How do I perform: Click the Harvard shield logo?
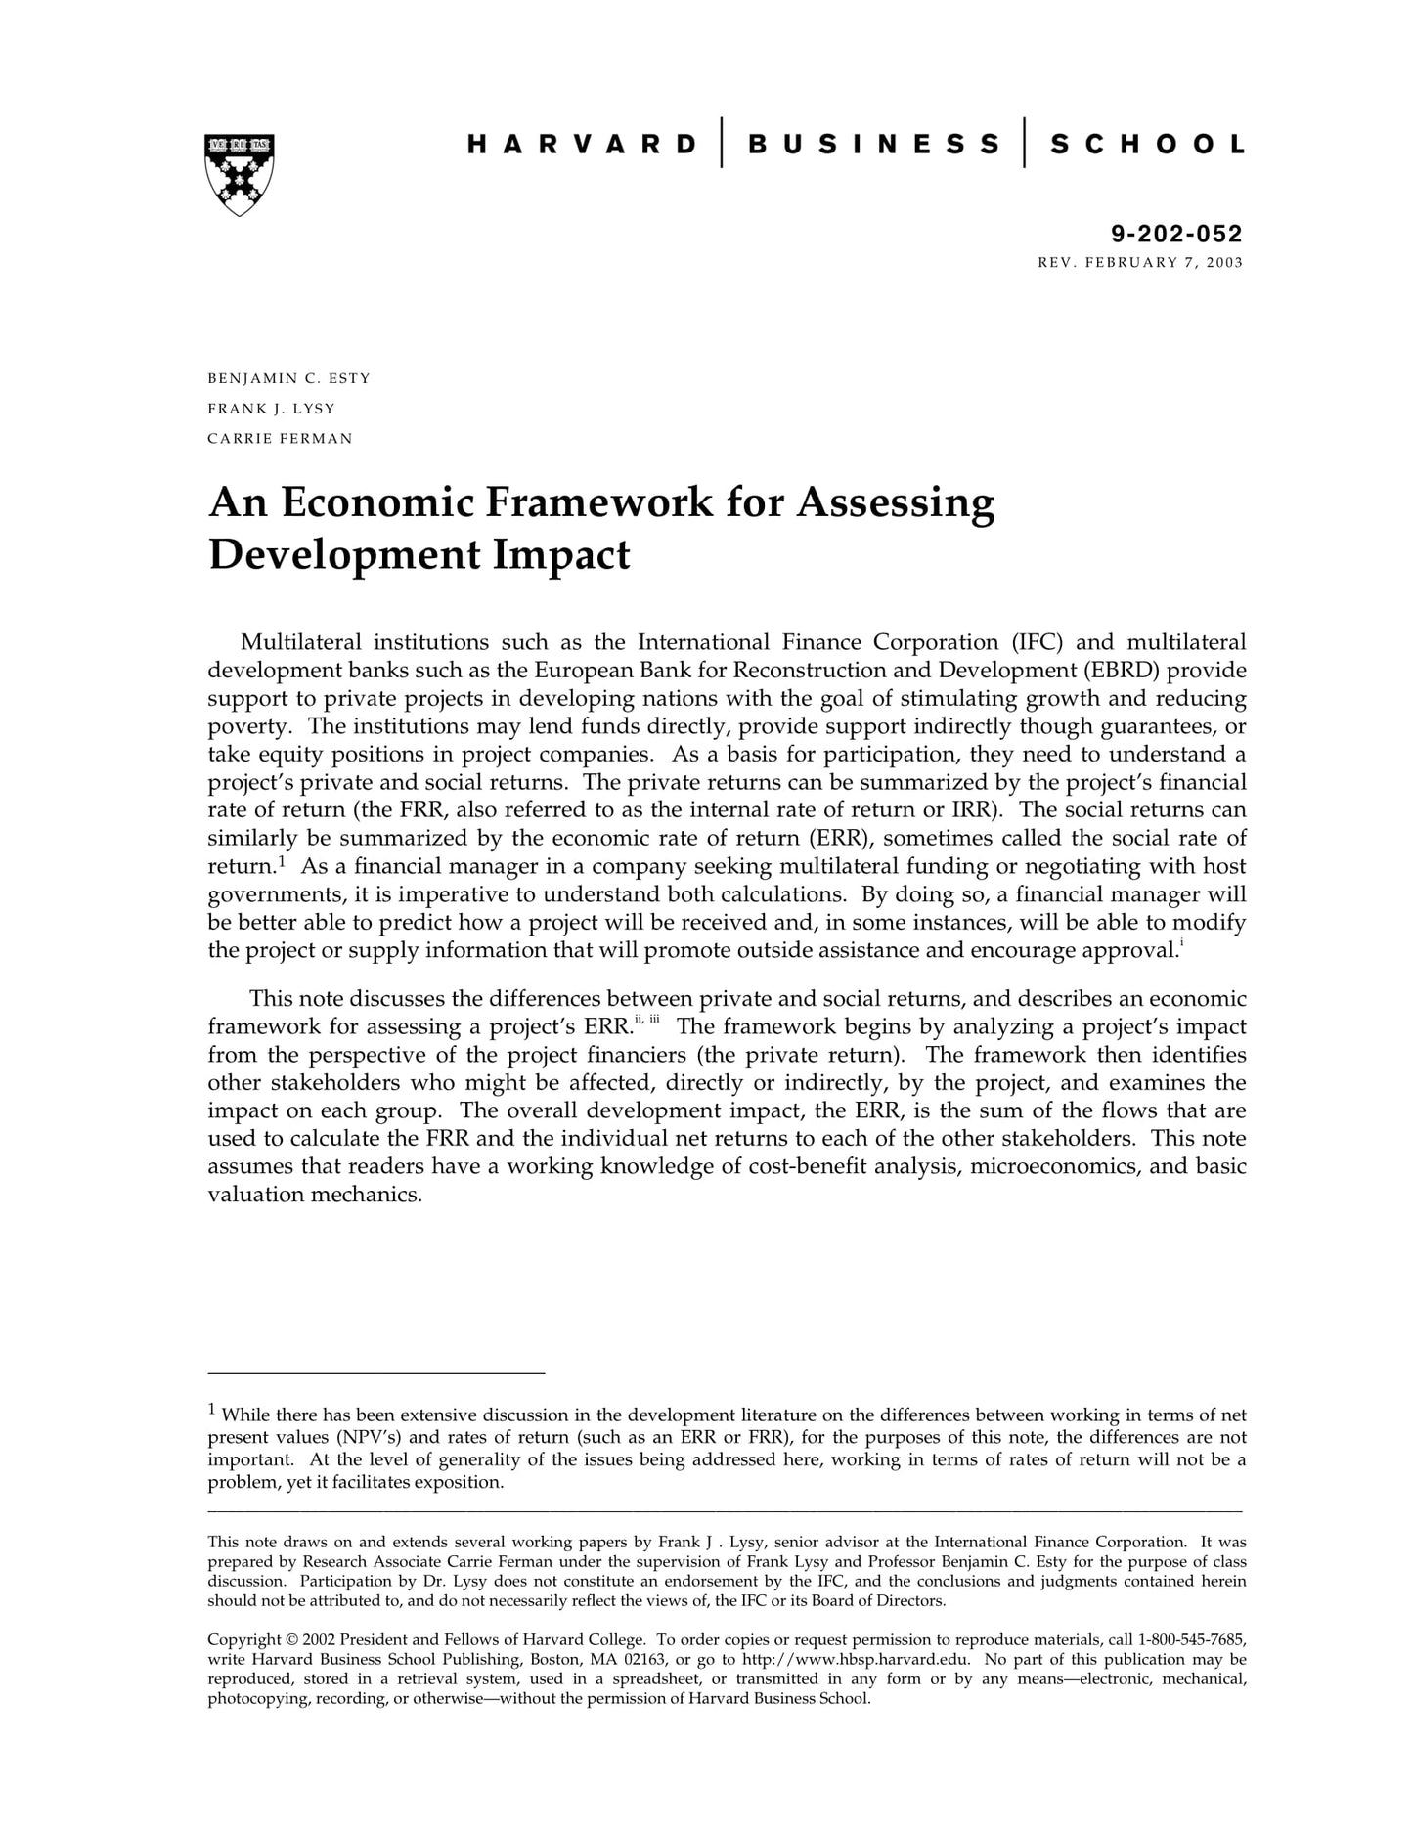(239, 174)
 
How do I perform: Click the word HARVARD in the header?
(582, 145)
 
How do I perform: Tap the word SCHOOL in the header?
(1147, 145)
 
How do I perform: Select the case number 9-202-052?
(1176, 234)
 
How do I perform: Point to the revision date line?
(1140, 262)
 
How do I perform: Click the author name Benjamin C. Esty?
(288, 378)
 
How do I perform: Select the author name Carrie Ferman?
(280, 438)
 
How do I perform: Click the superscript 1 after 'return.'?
(282, 861)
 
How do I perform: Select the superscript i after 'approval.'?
(1181, 942)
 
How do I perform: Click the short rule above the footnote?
(376, 1373)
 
